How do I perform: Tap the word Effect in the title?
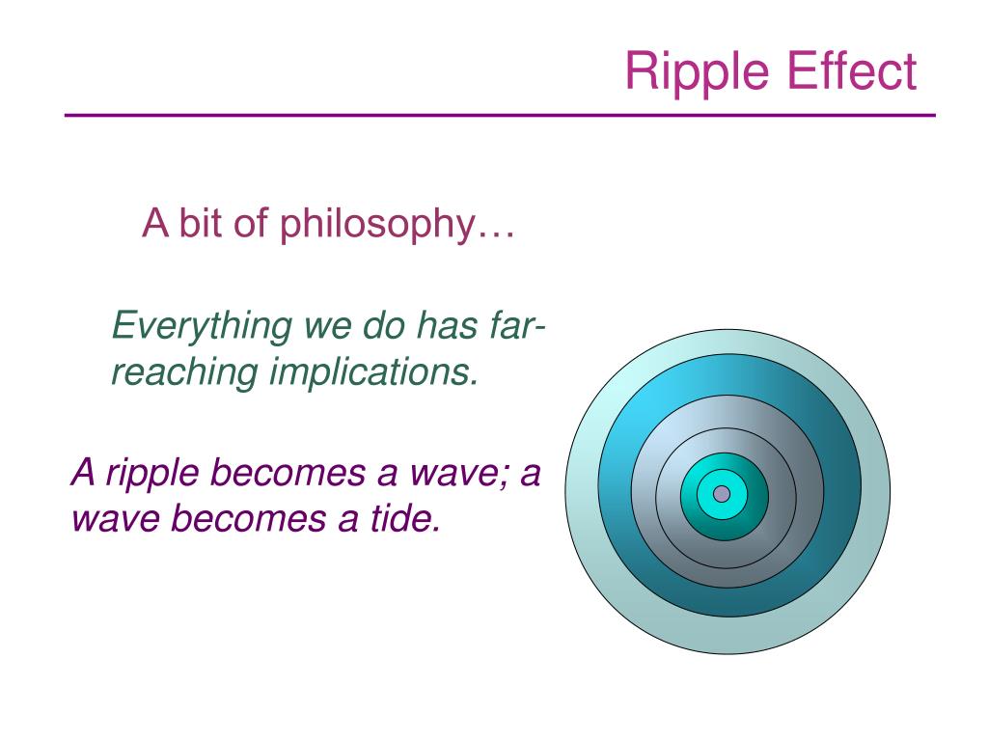(852, 69)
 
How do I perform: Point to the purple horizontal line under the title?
(500, 116)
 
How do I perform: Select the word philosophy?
(377, 225)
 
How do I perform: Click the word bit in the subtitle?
(201, 223)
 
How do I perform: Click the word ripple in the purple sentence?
(152, 475)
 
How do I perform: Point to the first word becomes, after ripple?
(288, 472)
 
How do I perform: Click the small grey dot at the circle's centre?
(722, 494)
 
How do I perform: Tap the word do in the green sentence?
(384, 326)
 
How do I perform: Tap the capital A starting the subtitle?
(155, 223)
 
